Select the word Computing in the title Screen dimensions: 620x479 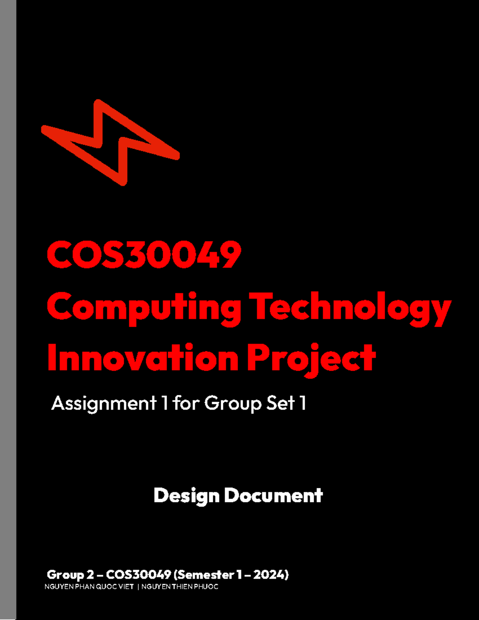click(144, 307)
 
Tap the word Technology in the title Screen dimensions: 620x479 click(350, 307)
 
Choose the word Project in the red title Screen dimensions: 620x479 click(311, 358)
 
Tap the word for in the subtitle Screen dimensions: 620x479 click(186, 403)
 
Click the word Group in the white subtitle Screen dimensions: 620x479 click(233, 403)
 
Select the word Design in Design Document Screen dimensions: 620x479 click(186, 496)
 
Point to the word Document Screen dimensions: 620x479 click(273, 496)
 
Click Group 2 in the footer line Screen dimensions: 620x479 click(70, 575)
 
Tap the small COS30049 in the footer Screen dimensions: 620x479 click(139, 575)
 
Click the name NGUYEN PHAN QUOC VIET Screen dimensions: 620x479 click(89, 586)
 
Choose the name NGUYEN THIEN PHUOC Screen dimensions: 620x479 click(180, 586)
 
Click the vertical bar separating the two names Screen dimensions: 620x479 click(138, 586)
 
